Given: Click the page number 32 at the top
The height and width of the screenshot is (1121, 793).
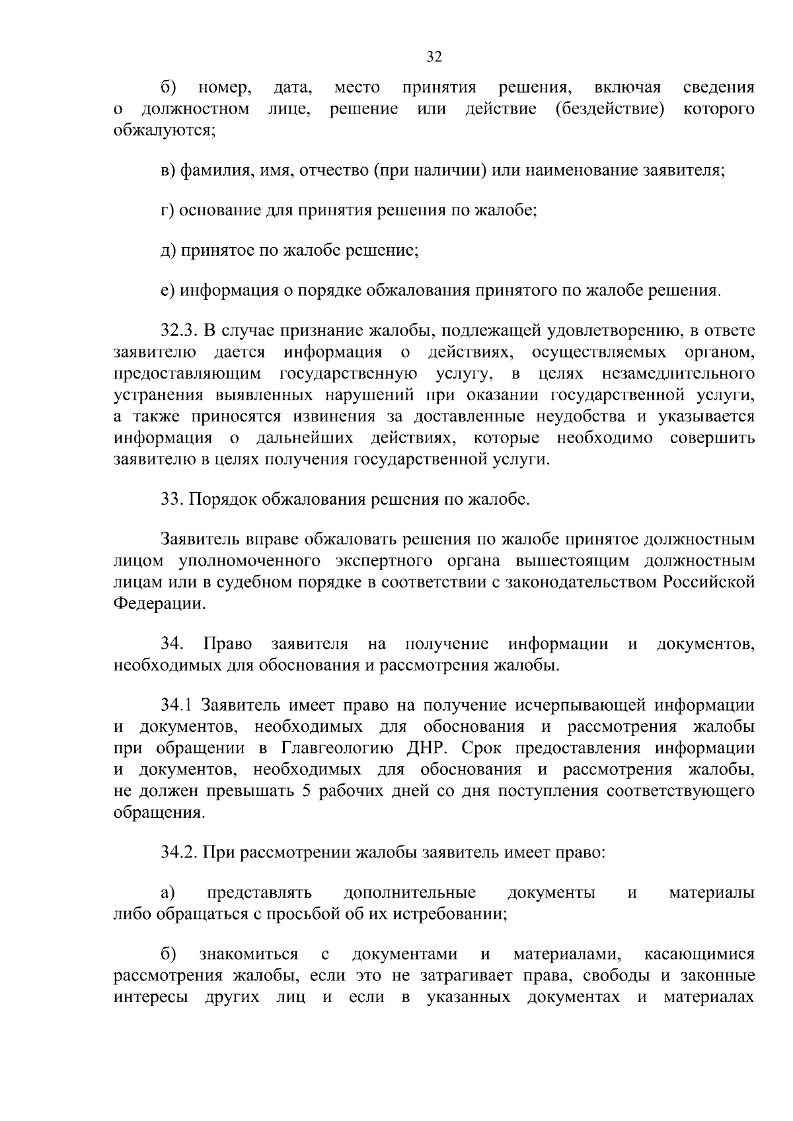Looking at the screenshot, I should (x=434, y=57).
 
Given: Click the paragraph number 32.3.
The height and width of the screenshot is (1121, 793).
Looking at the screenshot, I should (x=179, y=331).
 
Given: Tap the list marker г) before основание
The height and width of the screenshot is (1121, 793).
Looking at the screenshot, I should (x=167, y=211).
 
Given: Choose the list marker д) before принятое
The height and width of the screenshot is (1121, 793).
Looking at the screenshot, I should (x=168, y=251).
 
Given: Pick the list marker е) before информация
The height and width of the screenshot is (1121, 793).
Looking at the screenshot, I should (x=167, y=291).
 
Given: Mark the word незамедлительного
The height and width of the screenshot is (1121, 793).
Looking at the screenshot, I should (x=679, y=374).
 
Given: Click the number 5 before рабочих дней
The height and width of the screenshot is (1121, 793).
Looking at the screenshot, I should (x=306, y=791).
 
